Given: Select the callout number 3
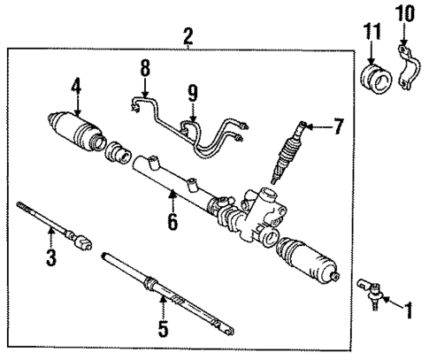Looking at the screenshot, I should (51, 257).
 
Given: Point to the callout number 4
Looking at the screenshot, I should (76, 87).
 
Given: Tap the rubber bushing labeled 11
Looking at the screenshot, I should (377, 78).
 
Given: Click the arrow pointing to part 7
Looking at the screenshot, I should (318, 127).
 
